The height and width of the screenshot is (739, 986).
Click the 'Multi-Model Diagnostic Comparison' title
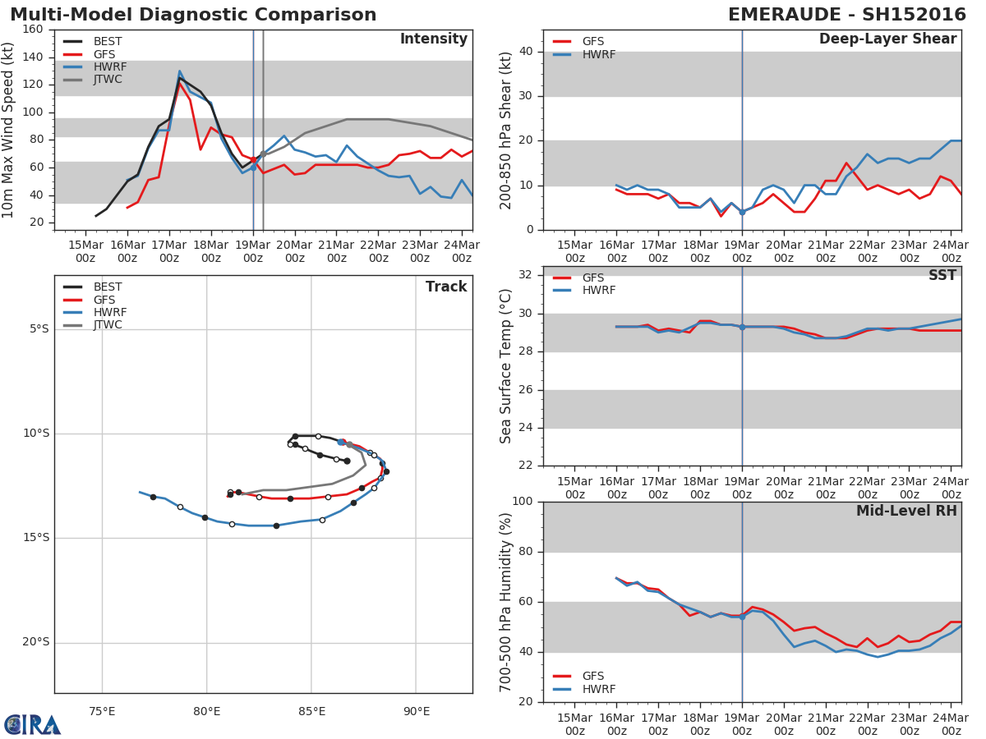coord(193,15)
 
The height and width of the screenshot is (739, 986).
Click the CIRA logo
coord(33,724)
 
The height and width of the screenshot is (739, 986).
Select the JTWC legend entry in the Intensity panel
coord(108,80)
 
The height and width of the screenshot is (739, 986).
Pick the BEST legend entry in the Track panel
coord(108,287)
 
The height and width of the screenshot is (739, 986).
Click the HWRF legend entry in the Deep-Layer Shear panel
coord(598,54)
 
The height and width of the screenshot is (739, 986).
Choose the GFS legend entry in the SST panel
coord(593,278)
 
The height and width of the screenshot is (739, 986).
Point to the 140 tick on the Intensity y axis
coord(34,57)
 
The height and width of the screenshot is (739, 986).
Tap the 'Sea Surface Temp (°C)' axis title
coord(507,365)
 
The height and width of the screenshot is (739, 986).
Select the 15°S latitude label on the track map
coord(38,538)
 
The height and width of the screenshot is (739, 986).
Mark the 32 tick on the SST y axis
coord(527,275)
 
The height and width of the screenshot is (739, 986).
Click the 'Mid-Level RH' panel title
coord(906,511)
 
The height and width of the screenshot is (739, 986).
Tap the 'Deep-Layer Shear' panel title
coord(887,39)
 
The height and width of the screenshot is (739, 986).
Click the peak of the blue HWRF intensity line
coord(179,71)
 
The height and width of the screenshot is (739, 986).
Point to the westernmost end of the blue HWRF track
coord(140,492)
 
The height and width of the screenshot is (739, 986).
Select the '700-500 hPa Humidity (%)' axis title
coord(507,602)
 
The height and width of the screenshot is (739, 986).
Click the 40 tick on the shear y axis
coord(527,52)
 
